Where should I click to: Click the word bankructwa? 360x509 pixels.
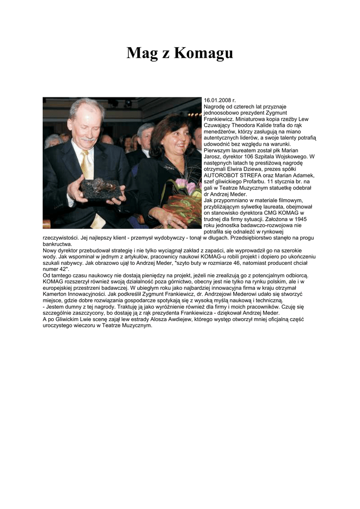[57, 244]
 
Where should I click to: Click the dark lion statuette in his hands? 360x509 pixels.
[102, 188]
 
